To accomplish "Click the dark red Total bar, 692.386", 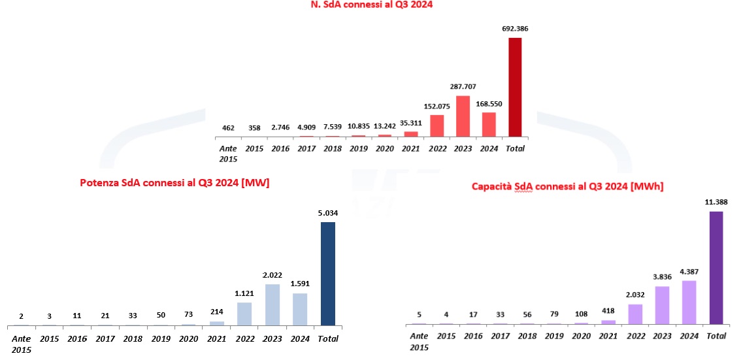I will pyautogui.click(x=515, y=88).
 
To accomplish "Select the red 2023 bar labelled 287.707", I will pyautogui.click(x=463, y=117).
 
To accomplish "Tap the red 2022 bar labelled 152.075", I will pyautogui.click(x=437, y=126).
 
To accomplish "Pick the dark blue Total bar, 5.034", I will pyautogui.click(x=327, y=274).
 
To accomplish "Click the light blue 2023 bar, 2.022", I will pyautogui.click(x=272, y=304).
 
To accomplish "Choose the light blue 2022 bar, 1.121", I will pyautogui.click(x=244, y=314).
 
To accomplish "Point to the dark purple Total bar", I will pyautogui.click(x=716, y=268).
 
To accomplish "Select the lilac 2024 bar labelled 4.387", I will pyautogui.click(x=689, y=303).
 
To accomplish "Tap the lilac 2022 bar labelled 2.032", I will pyautogui.click(x=634, y=314).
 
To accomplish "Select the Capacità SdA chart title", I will pyautogui.click(x=567, y=187).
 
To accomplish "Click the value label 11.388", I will pyautogui.click(x=716, y=203).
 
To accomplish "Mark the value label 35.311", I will pyautogui.click(x=410, y=122).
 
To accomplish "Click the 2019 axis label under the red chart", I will pyautogui.click(x=359, y=148).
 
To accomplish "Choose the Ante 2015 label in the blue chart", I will pyautogui.click(x=21, y=344).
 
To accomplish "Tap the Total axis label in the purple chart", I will pyautogui.click(x=717, y=336).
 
